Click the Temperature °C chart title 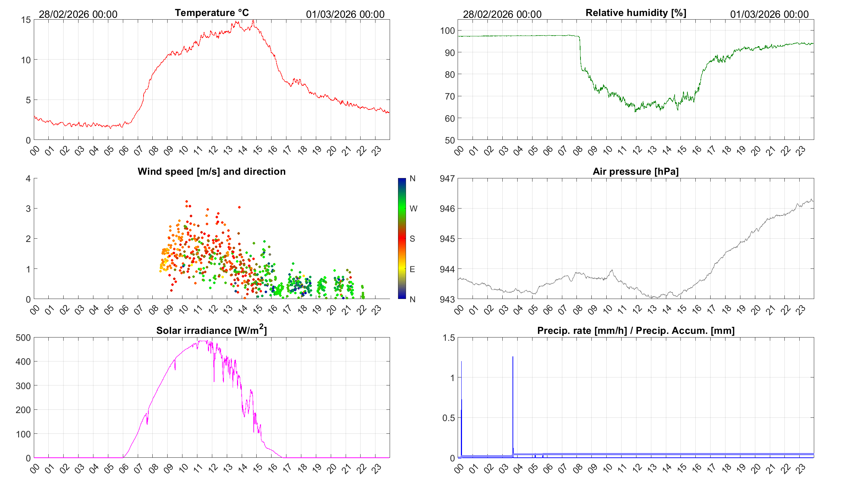coord(212,13)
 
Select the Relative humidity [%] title coord(636,13)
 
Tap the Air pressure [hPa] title coord(635,171)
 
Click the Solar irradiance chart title coord(212,330)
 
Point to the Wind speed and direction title coord(212,171)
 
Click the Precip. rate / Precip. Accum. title coord(636,331)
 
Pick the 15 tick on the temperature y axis coord(26,20)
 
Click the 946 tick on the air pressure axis coord(447,209)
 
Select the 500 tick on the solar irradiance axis coord(23,337)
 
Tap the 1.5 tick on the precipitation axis coord(449,337)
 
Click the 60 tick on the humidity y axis coord(450,118)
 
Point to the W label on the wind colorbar coord(413,209)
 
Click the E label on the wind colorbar coord(412,269)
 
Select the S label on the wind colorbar coord(412,239)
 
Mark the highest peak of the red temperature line coord(253,21)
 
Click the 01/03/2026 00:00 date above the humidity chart coord(769,14)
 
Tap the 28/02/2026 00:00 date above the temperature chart coord(78,14)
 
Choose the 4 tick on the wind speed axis coord(28,178)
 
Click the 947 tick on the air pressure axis coord(447,178)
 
